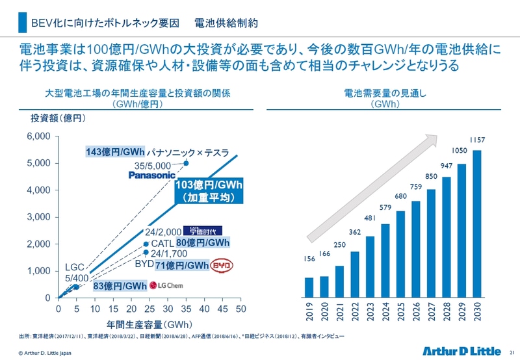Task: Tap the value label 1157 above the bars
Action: [x=476, y=140]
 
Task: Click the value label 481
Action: [x=369, y=218]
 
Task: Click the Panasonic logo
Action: [x=152, y=175]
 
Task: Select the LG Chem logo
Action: [x=164, y=285]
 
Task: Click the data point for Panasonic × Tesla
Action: [x=186, y=163]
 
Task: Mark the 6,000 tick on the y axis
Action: [x=38, y=136]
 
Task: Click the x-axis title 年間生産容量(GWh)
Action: [x=148, y=323]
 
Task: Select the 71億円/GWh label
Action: [x=182, y=266]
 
